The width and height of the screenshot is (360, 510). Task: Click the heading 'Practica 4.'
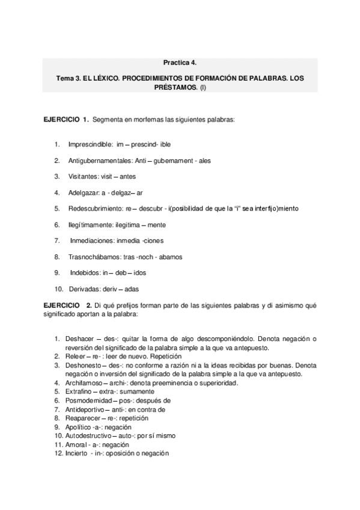tap(180, 62)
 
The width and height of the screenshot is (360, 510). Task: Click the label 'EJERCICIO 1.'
tap(66, 120)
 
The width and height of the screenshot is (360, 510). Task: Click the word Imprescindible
tap(90, 145)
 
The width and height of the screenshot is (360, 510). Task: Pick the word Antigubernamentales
tap(102, 161)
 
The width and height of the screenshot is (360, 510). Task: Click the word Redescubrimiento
tap(96, 208)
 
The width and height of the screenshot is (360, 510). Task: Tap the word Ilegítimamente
tap(93, 224)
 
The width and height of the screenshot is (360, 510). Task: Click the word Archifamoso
tap(84, 382)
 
